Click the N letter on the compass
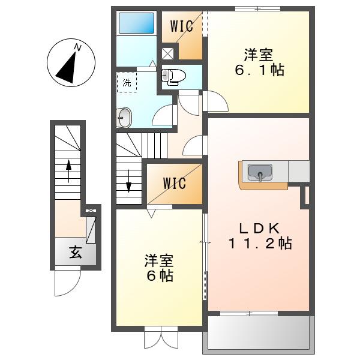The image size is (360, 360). click(x=78, y=48)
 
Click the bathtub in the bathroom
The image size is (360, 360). click(x=136, y=23)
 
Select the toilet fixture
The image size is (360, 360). click(x=173, y=77)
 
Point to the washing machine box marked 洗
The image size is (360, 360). click(x=127, y=82)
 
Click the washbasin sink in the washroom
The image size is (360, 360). click(x=124, y=118)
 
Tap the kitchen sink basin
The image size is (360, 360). click(x=260, y=172)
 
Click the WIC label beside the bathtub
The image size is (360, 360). click(x=181, y=26)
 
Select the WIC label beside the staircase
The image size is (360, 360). click(x=175, y=184)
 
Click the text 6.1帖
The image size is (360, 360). click(x=259, y=70)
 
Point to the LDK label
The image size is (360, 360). click(x=259, y=229)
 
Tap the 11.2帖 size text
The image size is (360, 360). click(x=260, y=244)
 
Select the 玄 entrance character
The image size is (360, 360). click(x=76, y=252)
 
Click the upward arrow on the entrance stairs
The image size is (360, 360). click(x=68, y=171)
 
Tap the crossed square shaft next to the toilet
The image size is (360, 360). click(x=167, y=54)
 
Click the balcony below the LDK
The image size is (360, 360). click(x=259, y=333)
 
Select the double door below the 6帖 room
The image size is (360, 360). click(x=161, y=340)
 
